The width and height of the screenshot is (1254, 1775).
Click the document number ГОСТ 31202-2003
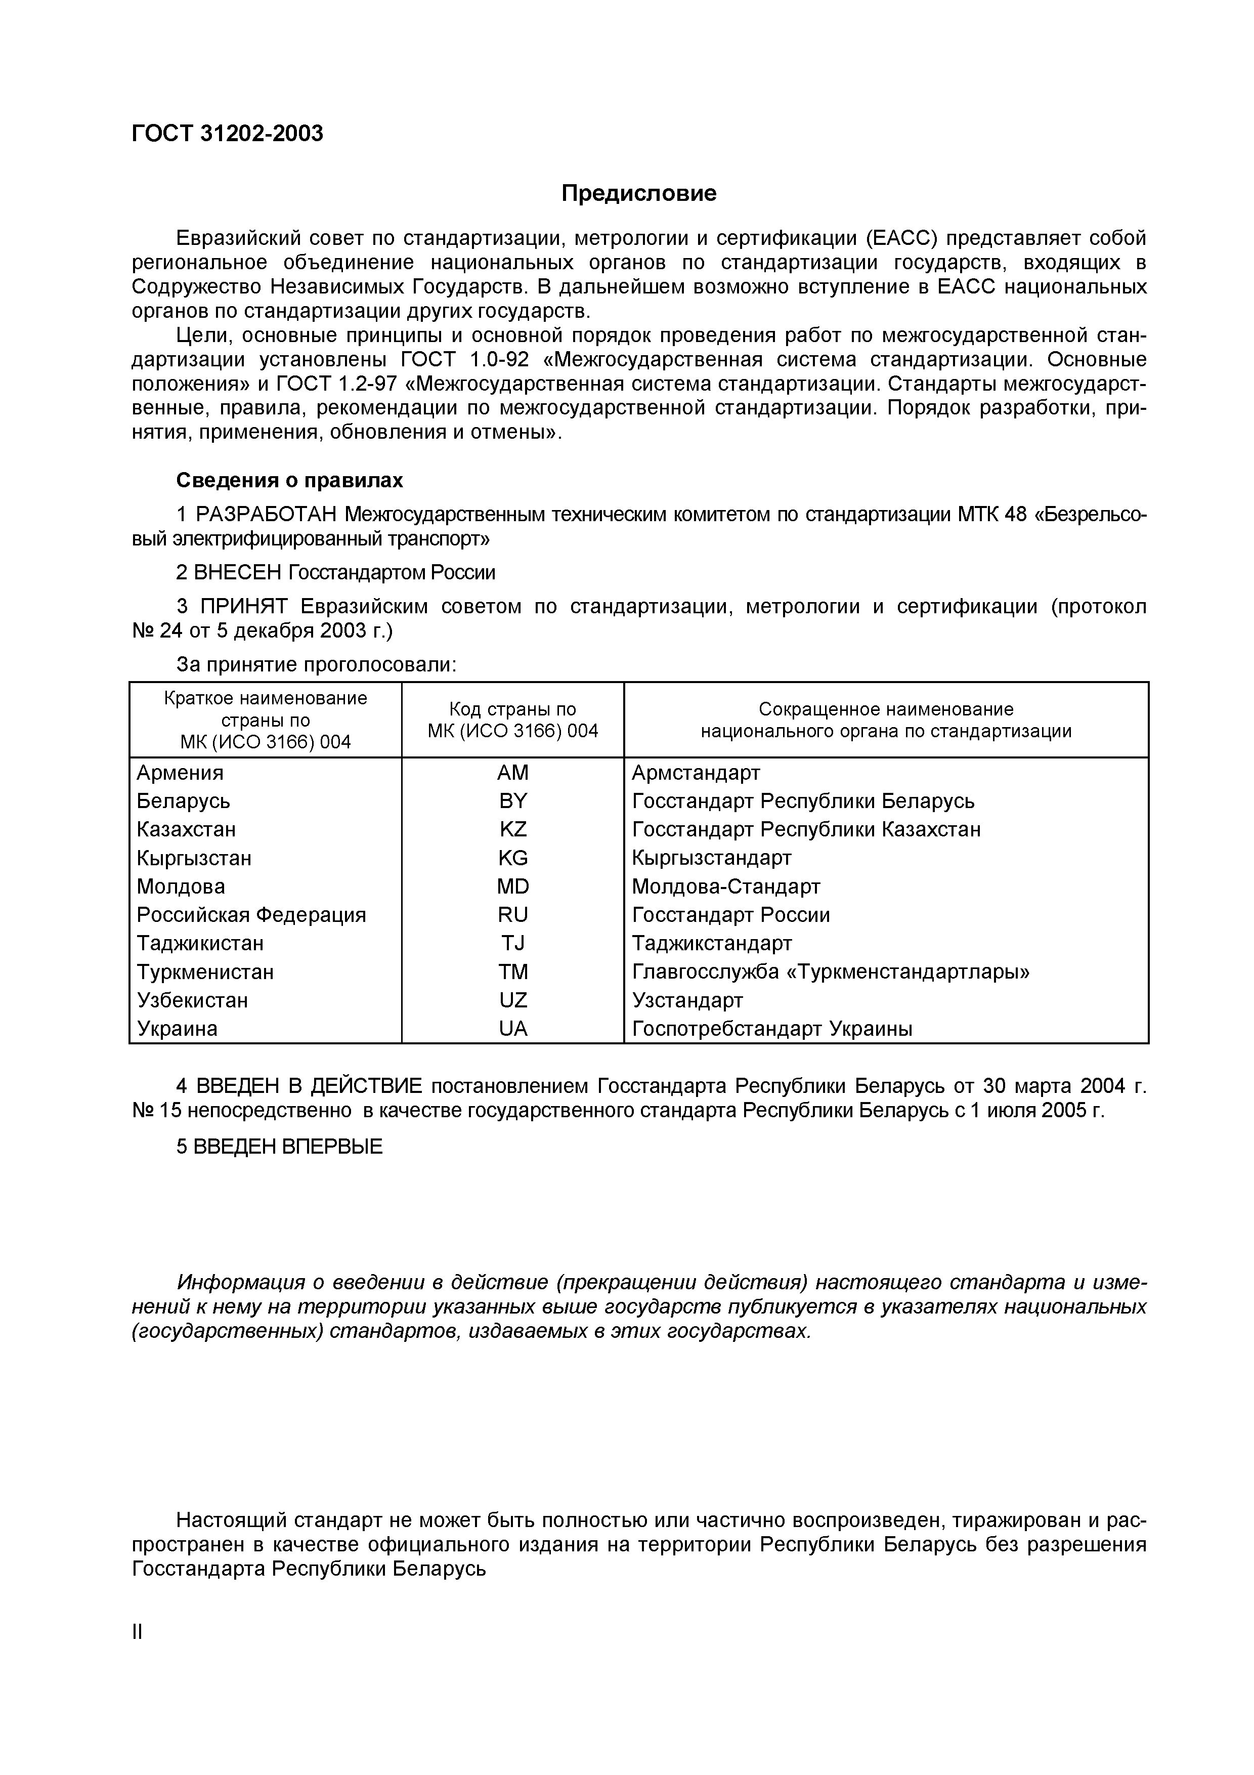[227, 134]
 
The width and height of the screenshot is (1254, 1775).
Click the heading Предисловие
[638, 193]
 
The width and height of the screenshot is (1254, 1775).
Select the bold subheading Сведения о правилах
[290, 480]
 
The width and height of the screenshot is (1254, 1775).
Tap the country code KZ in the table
[513, 829]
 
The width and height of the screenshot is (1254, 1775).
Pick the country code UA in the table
[513, 1029]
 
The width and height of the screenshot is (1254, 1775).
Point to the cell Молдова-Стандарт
[725, 886]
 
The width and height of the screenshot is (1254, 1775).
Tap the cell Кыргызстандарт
[712, 858]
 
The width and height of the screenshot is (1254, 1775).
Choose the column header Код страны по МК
[513, 720]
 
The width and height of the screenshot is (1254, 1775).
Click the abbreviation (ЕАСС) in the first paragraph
[900, 238]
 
